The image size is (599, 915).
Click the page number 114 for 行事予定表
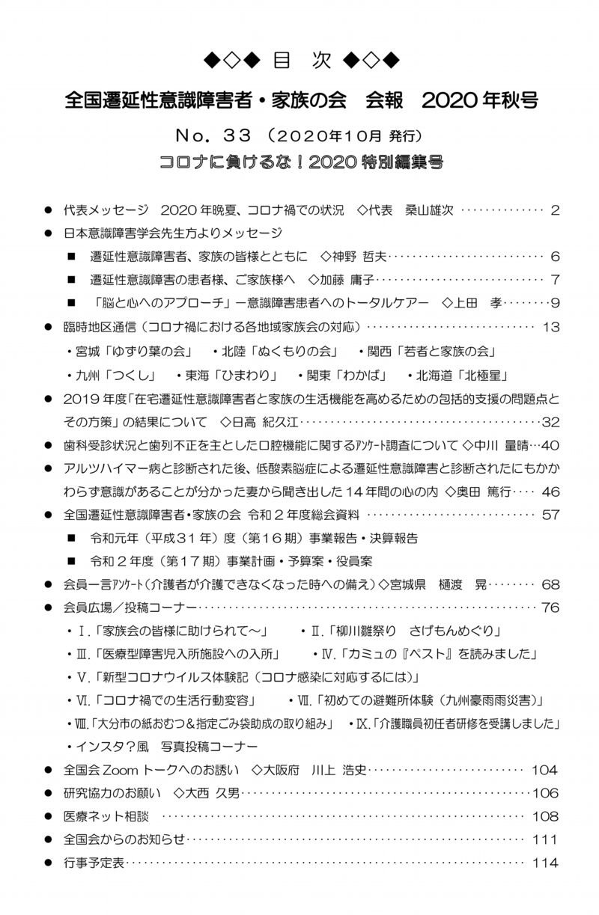tap(545, 863)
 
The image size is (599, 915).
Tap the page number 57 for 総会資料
tap(550, 515)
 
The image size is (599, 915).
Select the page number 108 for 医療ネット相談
tap(545, 815)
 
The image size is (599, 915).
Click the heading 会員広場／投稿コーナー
tap(130, 608)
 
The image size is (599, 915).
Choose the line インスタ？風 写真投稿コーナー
tap(165, 746)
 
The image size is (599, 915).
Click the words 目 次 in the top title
tap(299, 60)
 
